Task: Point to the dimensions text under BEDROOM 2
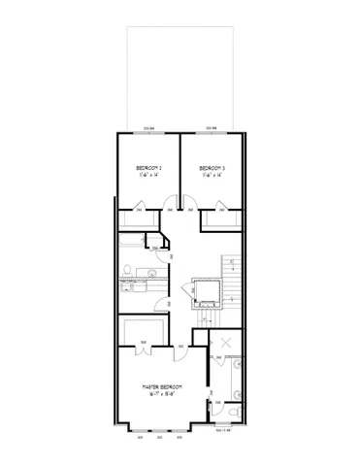(x=148, y=177)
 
